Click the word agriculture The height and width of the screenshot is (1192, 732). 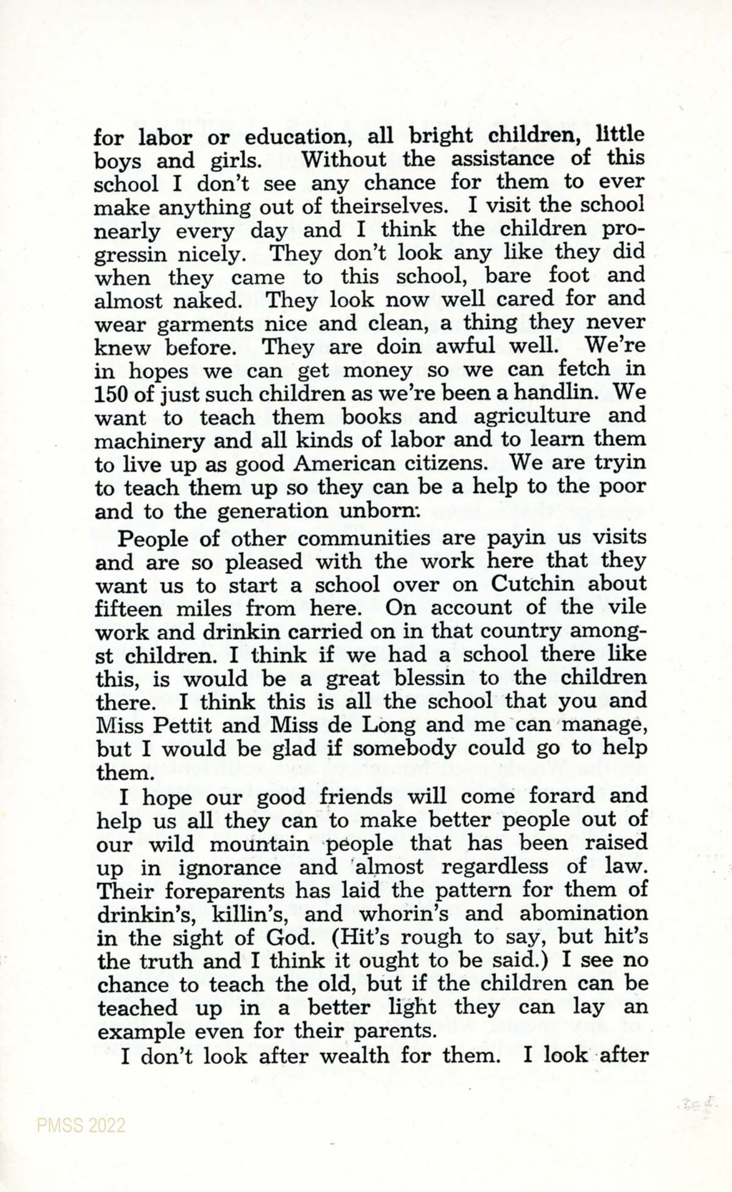pos(532,416)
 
